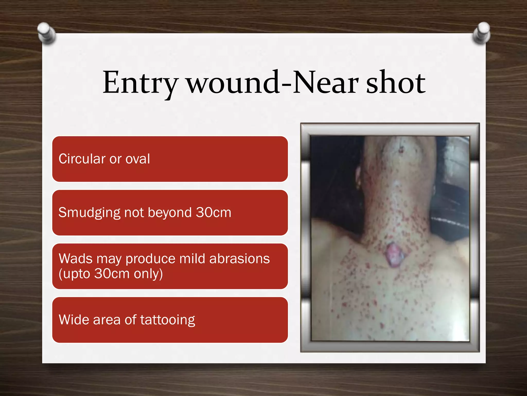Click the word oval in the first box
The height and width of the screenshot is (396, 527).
137,159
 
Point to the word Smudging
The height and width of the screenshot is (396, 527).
89,213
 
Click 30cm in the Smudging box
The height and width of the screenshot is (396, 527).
213,212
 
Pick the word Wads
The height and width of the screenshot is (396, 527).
75,259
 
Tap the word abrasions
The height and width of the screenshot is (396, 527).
240,259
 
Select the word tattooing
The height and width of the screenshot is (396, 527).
168,320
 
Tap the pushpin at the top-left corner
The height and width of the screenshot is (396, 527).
46,33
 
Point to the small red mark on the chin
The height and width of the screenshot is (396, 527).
401,149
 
